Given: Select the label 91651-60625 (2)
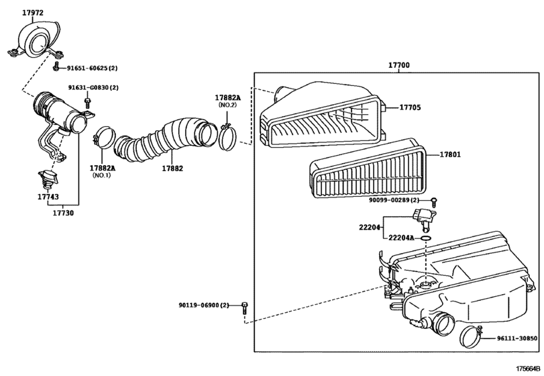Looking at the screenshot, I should coord(92,68).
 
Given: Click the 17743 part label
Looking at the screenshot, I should coord(48,197).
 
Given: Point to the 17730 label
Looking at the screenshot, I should coord(64,213).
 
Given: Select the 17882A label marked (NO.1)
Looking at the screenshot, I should coord(103,168).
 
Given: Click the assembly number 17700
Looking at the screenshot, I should coord(399,65).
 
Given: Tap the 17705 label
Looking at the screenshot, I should coord(410,107).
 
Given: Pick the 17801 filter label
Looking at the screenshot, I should coord(451,154).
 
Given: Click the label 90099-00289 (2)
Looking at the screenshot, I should coord(394,200).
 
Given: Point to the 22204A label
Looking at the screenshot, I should coord(400,237).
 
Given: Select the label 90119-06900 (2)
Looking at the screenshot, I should coord(204,305).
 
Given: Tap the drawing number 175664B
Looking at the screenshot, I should coord(528,369).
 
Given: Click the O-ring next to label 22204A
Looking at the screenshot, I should coord(425,237).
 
